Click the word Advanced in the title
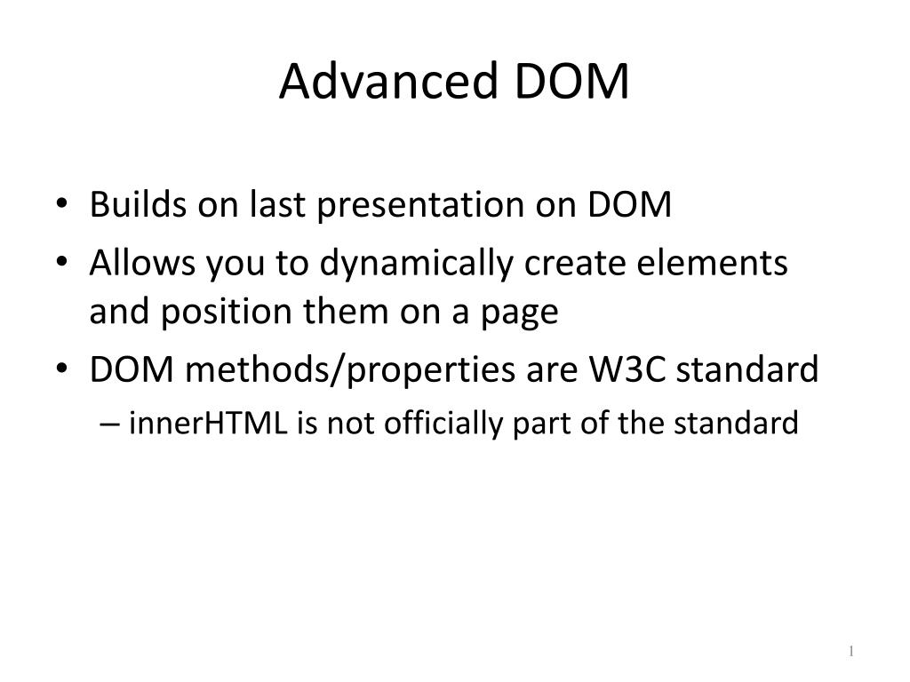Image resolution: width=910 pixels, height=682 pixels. tap(388, 81)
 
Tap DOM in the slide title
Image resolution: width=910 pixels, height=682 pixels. tap(571, 81)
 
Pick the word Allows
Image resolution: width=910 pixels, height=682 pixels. tap(142, 263)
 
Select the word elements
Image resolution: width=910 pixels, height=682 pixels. tap(712, 263)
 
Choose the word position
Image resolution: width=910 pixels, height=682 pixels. tap(227, 313)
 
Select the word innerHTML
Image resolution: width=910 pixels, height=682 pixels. tap(208, 423)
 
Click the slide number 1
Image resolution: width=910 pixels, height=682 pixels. tap(850, 651)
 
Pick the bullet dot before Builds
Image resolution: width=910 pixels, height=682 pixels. tap(62, 204)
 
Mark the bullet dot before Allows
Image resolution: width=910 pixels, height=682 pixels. tap(62, 262)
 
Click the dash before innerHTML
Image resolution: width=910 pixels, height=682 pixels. tap(109, 424)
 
